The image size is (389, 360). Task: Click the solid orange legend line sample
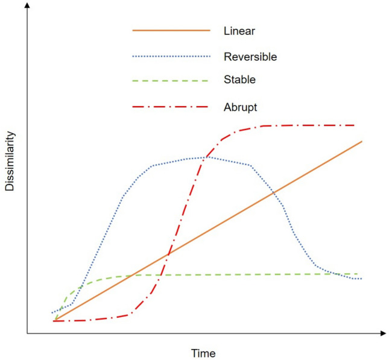[171, 30]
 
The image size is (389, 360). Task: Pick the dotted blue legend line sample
[171, 56]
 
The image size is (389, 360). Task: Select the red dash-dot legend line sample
[171, 107]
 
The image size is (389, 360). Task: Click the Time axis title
[203, 353]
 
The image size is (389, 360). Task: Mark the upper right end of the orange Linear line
[362, 141]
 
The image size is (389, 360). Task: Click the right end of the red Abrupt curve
[354, 125]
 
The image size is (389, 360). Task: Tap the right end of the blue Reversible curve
[361, 279]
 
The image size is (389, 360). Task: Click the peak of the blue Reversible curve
[205, 157]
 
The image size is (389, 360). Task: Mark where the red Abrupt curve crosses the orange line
[166, 255]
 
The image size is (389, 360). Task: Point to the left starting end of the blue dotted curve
[52, 312]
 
